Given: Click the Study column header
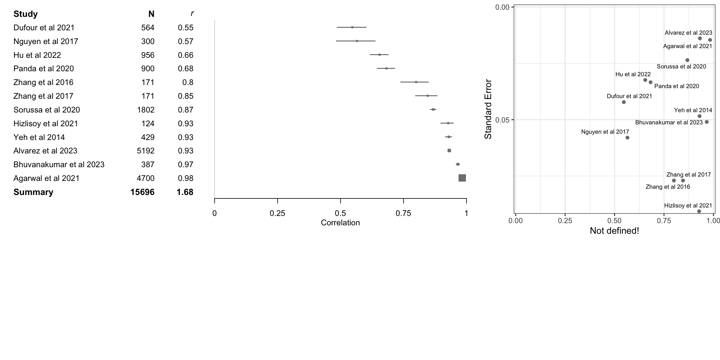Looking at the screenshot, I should [25, 14].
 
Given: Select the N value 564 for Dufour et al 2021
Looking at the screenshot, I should [147, 27].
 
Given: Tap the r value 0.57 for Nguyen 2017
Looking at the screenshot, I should [186, 41].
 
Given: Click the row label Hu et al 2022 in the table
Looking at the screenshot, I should [37, 55].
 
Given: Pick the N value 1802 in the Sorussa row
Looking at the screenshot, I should [146, 110].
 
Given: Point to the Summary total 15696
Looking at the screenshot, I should [142, 192].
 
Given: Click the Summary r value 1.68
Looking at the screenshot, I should [185, 192].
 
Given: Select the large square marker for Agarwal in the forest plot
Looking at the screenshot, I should [462, 178].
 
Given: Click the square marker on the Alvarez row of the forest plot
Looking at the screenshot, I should [449, 151].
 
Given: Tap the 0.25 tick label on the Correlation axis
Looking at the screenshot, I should [277, 213].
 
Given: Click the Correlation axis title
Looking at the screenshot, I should [340, 223].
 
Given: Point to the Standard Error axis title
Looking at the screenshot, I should [488, 109].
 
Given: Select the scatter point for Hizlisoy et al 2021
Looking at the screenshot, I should [699, 211].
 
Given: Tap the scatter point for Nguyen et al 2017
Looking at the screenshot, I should [627, 137].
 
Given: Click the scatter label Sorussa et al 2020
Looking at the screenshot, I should [681, 67].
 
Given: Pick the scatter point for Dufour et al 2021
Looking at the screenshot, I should [624, 102].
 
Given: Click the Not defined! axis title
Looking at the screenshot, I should [614, 231].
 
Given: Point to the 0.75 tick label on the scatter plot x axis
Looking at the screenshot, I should [664, 221].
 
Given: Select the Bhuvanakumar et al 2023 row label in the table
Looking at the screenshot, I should [59, 164].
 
